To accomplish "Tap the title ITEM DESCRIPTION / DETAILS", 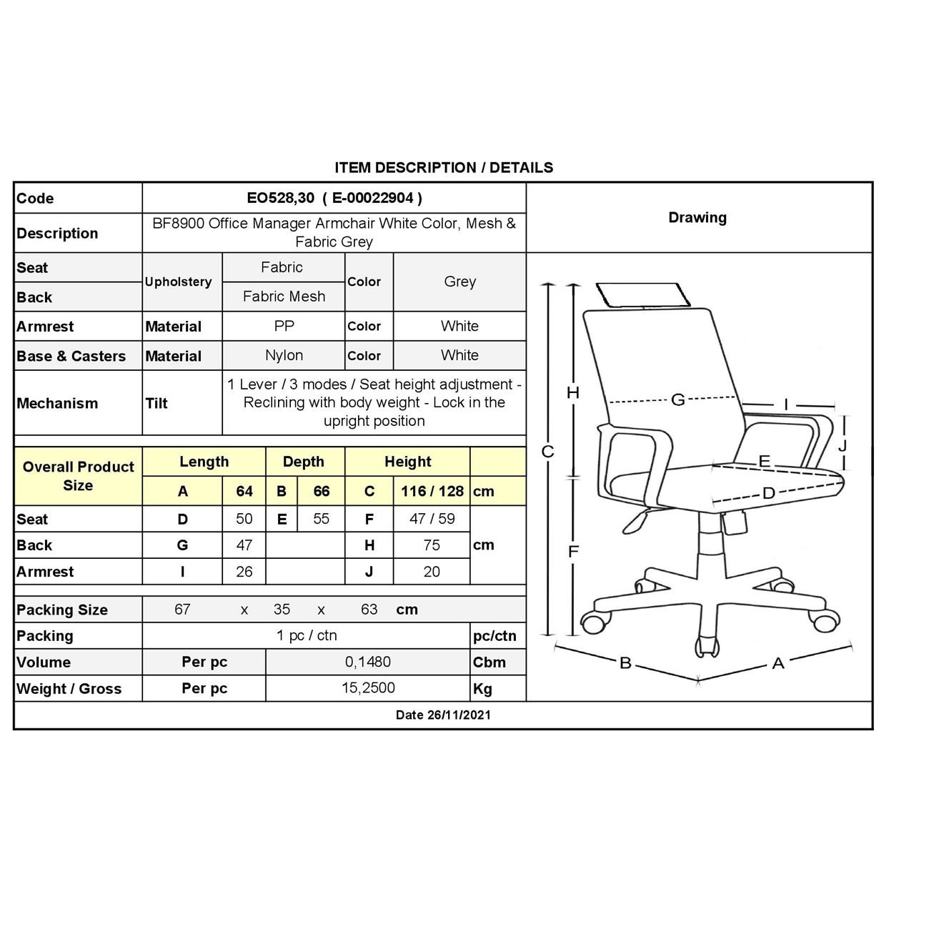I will (444, 168).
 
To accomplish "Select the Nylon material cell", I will (284, 355).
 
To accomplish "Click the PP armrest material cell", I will (284, 326).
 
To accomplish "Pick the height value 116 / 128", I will (432, 491).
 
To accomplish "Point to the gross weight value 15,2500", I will (368, 688).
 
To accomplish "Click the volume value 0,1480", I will (368, 662).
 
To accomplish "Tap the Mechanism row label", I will (57, 403).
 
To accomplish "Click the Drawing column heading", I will (697, 218).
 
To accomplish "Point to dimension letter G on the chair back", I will (677, 399).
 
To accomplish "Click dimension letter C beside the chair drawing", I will (547, 452).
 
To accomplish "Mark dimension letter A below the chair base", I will (778, 664).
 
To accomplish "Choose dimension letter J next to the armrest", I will (842, 445).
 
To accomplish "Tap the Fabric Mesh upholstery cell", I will (284, 297).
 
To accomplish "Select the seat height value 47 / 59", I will (432, 519).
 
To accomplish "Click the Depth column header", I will (304, 462).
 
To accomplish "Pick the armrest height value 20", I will (432, 572).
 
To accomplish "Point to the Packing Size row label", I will (62, 610).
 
